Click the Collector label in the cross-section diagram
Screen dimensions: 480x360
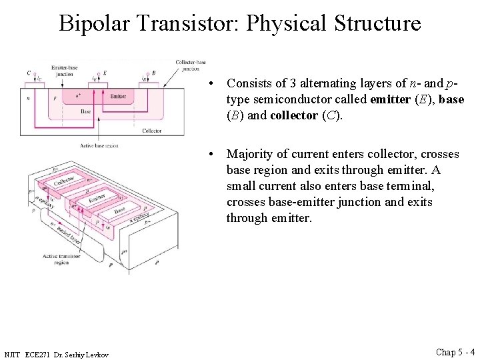151,131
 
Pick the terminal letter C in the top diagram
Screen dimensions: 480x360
29,73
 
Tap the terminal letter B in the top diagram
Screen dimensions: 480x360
154,73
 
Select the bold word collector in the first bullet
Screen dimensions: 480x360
291,115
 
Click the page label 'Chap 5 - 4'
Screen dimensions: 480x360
455,352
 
